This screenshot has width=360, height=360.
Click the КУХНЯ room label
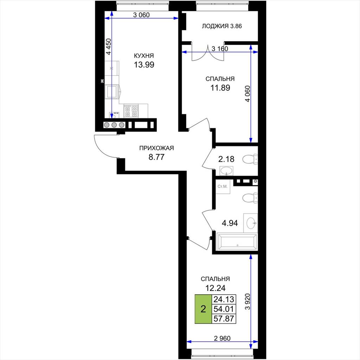coord(144,56)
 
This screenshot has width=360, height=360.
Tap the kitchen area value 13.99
coord(144,65)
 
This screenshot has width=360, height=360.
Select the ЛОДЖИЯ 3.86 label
coord(222,26)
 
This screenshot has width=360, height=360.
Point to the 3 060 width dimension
coord(141,15)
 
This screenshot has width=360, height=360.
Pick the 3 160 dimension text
coord(220,49)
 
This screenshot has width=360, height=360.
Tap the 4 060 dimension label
coord(247,94)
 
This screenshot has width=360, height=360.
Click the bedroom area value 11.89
coord(220,88)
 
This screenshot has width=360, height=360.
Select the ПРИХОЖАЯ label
coord(156,148)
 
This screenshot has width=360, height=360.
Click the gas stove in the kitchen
coord(131,111)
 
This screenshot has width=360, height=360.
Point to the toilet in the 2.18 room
coord(250,159)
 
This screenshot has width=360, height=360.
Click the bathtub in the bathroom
coord(237,242)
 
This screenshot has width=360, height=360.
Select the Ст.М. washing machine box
coord(223,186)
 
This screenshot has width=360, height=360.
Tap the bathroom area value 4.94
coord(230,223)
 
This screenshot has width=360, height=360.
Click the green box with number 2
coord(203,309)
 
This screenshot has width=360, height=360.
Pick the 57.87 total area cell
coord(224,319)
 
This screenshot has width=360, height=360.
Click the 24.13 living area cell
coord(224,300)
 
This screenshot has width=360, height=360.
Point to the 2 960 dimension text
coord(222,338)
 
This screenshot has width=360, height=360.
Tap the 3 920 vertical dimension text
coord(247,301)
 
